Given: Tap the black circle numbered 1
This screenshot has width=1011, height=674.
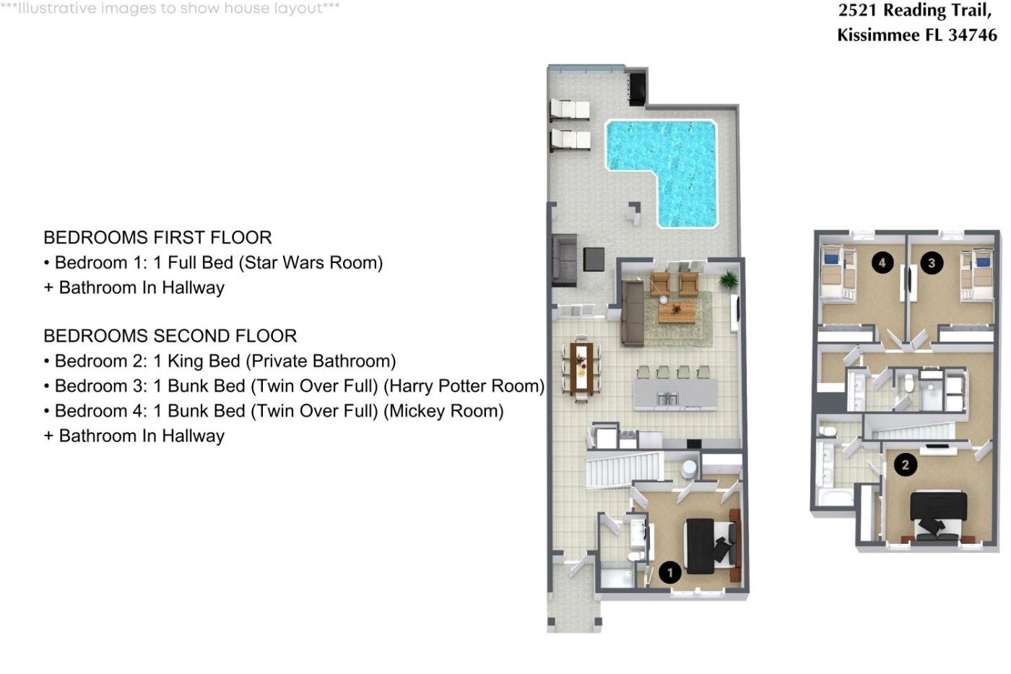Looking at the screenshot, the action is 670,572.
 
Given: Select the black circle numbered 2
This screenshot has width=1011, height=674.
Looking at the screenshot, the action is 905,465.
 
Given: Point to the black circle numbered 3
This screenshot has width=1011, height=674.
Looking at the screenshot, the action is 932,263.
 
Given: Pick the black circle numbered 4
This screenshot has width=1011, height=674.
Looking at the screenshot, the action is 882,263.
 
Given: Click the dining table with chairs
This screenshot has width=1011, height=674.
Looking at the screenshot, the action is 581,368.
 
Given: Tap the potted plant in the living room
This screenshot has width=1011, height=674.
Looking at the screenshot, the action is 728,280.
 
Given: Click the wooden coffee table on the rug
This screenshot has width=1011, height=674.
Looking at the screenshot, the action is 677,312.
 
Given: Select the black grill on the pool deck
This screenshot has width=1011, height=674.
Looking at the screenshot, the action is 638,89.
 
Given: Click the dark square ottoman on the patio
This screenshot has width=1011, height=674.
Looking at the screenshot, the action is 594,259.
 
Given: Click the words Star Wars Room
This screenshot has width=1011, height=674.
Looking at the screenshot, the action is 311,263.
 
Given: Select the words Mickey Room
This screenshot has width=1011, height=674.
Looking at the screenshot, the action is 443,411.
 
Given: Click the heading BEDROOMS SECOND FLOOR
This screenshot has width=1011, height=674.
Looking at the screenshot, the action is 170,336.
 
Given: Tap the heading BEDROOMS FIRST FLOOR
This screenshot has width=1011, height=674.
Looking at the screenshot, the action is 157,238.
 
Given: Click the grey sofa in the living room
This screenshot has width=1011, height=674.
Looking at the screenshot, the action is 633,312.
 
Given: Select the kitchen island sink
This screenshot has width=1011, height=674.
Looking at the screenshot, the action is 667,399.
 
